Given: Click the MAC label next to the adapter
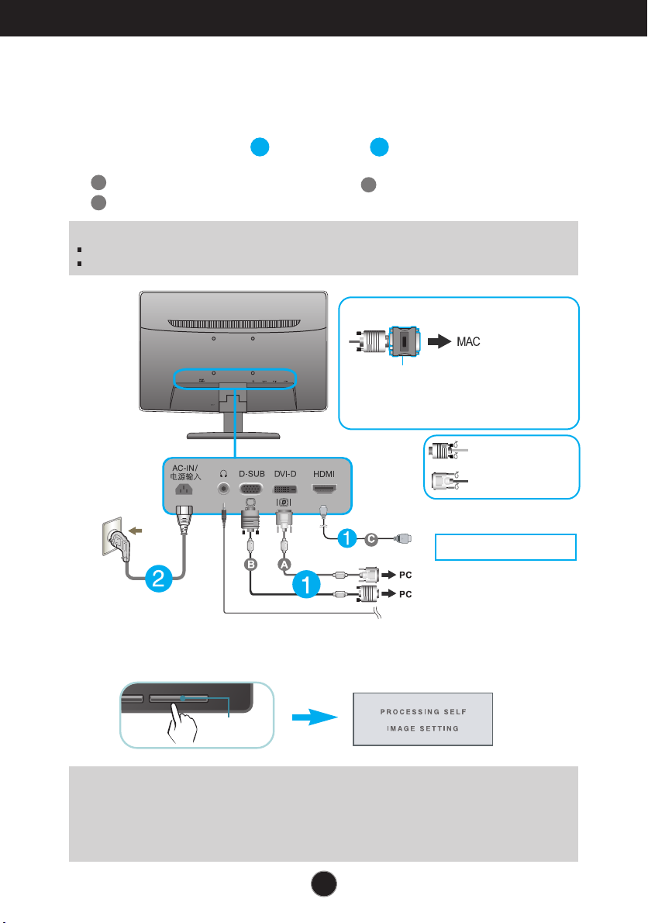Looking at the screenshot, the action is pos(468,341).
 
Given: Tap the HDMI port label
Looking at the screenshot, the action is pos(324,474).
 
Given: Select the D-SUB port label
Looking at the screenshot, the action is pos(252,474).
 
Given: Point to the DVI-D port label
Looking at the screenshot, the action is pos(285,474).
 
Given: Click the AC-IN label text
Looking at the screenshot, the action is pos(184,468).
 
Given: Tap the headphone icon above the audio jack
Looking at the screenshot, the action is pos(223,473).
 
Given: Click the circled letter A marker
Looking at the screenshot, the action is pos(284,565).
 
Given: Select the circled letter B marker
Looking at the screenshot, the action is pos(251,565).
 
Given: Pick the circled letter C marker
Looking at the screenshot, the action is pos(371,538).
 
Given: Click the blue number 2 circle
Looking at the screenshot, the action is pos(158,579).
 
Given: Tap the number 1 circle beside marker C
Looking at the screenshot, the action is pos(347,538).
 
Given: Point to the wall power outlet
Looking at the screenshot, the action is pos(112,536).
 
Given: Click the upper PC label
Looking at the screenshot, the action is pos(405,575).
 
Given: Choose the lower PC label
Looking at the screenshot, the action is pos(405,594).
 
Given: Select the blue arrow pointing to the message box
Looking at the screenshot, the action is pos(315,717).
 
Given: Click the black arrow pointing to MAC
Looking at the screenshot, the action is pos(439,341).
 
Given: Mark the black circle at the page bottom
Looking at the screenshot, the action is pos(323,883).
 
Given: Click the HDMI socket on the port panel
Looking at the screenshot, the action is pos(324,489).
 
